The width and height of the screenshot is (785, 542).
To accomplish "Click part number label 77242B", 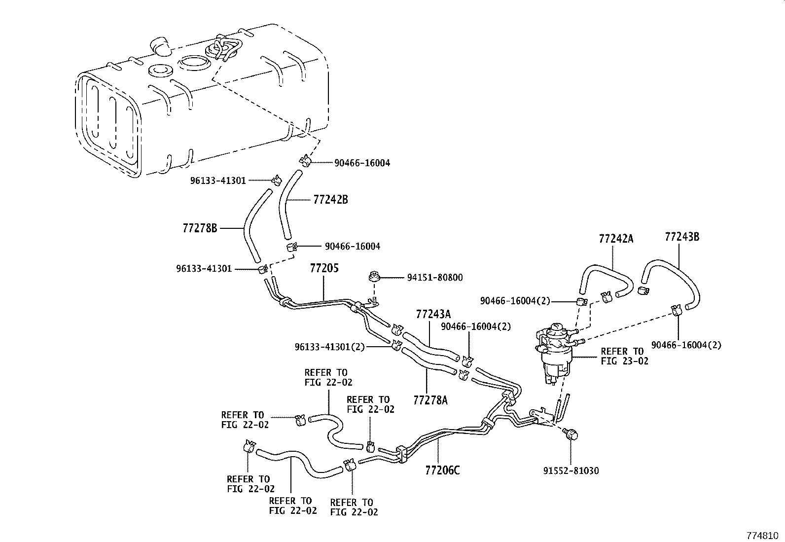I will tap(330, 200).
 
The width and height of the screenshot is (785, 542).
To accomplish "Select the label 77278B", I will tap(200, 228).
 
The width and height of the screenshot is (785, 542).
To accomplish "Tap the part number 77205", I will tap(324, 269).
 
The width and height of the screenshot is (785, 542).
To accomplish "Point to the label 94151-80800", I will tap(434, 278).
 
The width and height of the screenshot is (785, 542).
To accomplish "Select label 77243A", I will tap(433, 314).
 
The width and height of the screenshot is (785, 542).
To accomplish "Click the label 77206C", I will tap(442, 470).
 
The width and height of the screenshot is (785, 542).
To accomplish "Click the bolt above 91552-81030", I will tap(570, 434).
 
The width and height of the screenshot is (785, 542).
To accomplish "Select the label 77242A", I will tap(616, 239).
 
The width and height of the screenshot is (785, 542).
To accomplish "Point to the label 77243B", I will tap(682, 237).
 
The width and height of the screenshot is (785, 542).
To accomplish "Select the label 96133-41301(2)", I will tap(329, 347).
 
